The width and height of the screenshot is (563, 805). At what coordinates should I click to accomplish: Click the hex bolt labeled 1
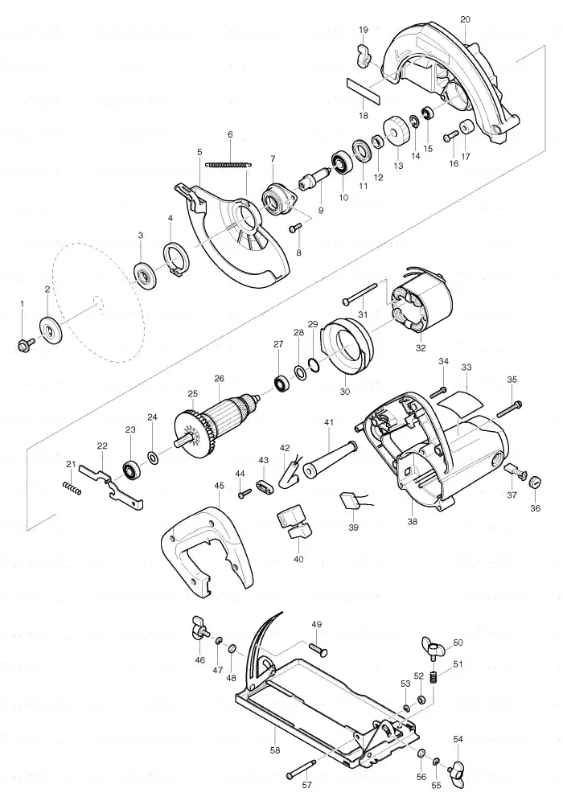click(x=25, y=345)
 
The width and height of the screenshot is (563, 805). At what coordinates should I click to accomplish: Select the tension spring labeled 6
click(x=229, y=164)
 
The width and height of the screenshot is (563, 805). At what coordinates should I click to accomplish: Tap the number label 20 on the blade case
click(x=465, y=19)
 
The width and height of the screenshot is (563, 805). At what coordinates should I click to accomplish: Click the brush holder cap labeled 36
click(x=536, y=482)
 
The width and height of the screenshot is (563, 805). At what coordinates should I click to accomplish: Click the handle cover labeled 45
click(x=207, y=552)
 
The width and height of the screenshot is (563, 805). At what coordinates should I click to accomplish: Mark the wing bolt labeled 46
click(x=200, y=630)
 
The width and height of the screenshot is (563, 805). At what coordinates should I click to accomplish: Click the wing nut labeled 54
click(x=458, y=770)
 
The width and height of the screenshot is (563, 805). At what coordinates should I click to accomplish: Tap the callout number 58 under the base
click(x=275, y=750)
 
